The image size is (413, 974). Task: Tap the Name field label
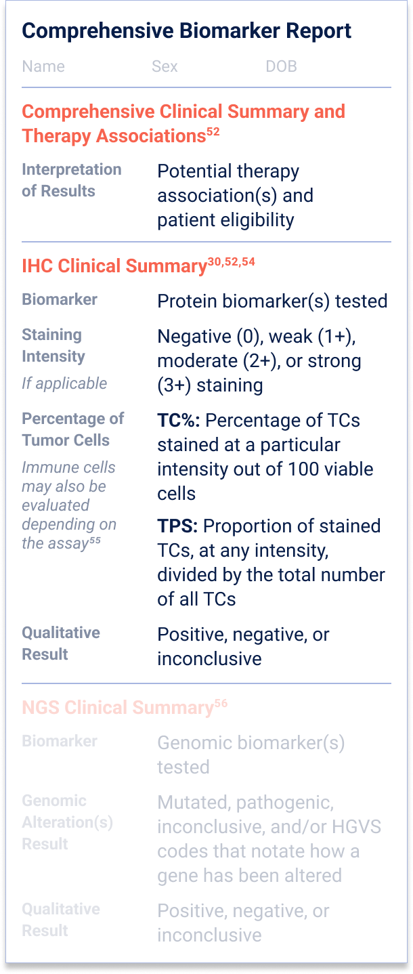(43, 66)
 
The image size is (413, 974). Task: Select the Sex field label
(165, 66)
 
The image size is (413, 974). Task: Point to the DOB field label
(281, 66)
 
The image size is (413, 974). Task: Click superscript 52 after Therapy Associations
(213, 131)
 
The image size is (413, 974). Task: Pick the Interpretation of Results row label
(72, 180)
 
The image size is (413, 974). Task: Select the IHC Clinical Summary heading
(114, 266)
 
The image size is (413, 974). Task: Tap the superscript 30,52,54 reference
(232, 261)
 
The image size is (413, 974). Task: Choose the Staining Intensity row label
(53, 345)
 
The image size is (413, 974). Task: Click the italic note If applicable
(64, 383)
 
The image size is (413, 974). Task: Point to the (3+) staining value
(210, 385)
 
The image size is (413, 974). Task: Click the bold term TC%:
(179, 421)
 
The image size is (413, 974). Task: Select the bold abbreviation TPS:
(177, 526)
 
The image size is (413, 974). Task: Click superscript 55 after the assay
(95, 540)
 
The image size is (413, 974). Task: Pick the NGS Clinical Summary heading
(117, 708)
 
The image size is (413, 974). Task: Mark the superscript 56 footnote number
(221, 704)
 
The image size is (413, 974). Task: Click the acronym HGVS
(357, 826)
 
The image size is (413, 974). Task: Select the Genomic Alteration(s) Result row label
(68, 822)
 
